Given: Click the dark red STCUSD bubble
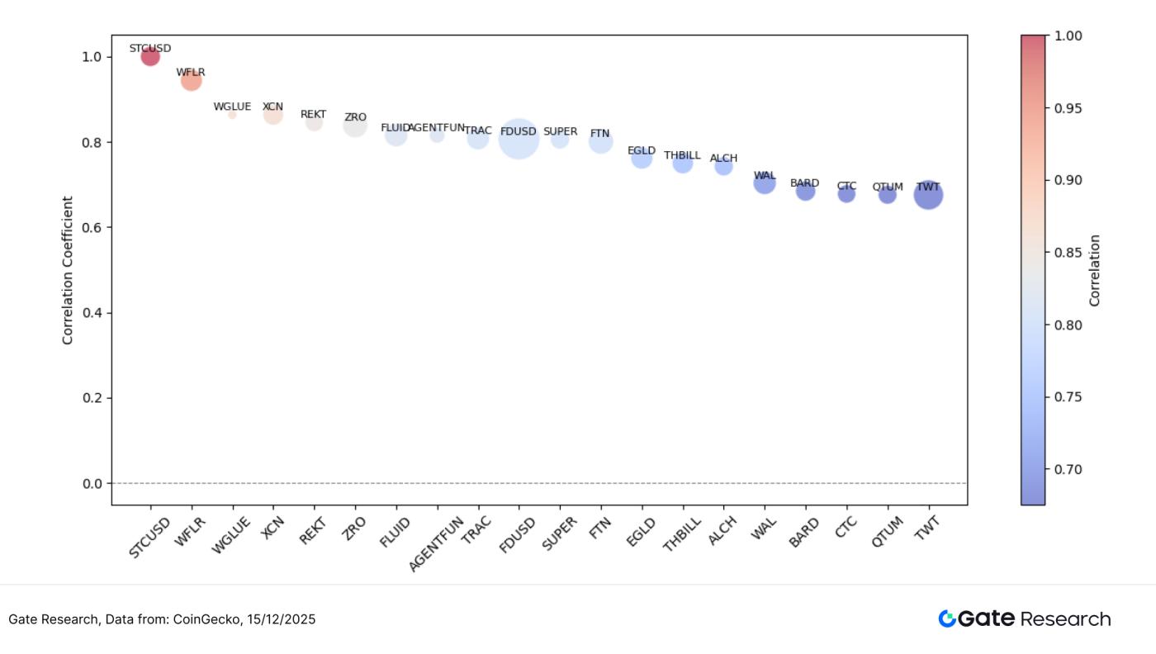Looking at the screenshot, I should click(150, 56).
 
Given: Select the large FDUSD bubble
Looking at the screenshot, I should click(519, 139).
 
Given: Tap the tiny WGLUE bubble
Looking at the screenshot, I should click(232, 115).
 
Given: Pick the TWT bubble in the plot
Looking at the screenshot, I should click(928, 196).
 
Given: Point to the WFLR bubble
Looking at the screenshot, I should click(191, 80).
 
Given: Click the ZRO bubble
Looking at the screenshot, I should click(355, 126).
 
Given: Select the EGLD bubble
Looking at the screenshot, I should click(642, 158).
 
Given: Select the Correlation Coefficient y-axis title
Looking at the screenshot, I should click(68, 270).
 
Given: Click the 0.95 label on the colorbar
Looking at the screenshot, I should click(1071, 109).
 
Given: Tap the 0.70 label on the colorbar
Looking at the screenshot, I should click(1071, 469).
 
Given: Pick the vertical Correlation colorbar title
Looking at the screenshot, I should click(1095, 270).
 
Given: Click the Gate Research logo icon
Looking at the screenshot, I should click(946, 618).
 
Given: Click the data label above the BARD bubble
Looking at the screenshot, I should click(805, 183).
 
